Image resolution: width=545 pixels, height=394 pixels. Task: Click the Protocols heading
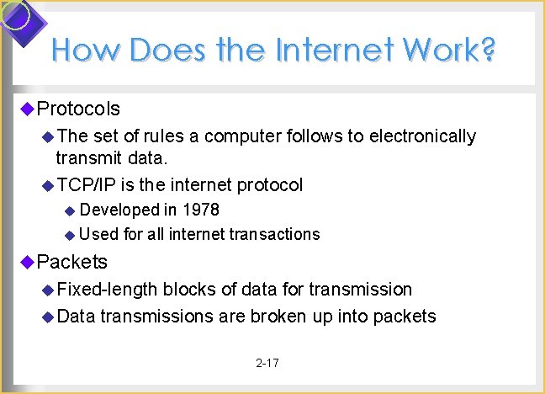coord(78,109)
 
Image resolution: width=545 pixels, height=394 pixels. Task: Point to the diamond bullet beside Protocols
coord(27,108)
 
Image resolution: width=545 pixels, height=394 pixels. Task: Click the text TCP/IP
coord(86,184)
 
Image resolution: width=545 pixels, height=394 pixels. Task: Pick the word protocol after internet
coord(270,184)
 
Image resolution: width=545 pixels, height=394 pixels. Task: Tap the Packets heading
coord(72,262)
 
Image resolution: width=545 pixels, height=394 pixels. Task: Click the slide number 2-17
coord(267,363)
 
